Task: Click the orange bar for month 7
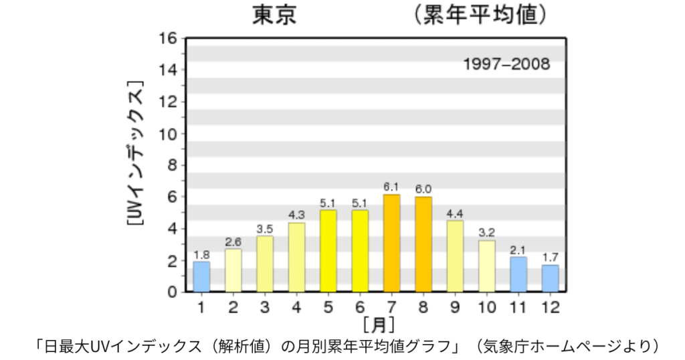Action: (391, 243)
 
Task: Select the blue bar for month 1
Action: (201, 276)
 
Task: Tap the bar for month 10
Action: (487, 266)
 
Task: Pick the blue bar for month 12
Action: (551, 278)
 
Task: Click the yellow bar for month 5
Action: (328, 251)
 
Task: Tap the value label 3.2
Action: (487, 233)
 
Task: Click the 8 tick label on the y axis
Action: (173, 165)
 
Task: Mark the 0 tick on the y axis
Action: (173, 292)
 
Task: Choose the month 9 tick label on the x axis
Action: (455, 308)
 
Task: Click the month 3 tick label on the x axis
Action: (265, 308)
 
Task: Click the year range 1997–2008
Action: (506, 65)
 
